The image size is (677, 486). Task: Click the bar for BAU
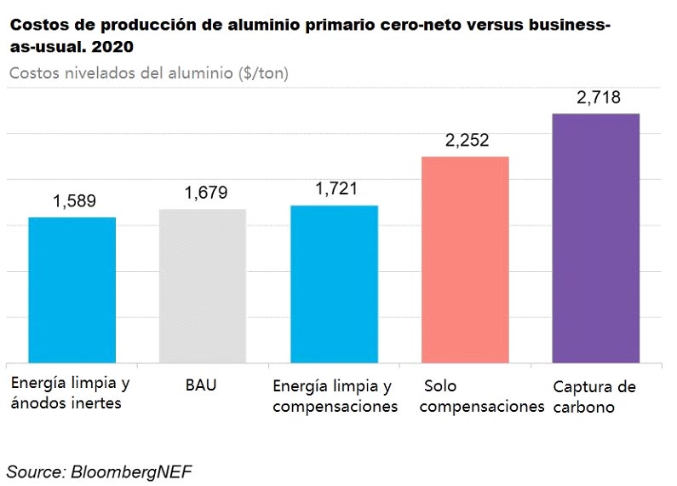pyautogui.click(x=203, y=286)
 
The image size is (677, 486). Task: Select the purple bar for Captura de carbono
pyautogui.click(x=596, y=238)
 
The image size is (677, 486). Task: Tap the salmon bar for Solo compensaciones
pyautogui.click(x=465, y=259)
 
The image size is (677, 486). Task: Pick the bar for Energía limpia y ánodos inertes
pyautogui.click(x=72, y=290)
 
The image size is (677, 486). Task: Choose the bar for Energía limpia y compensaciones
pyautogui.click(x=334, y=284)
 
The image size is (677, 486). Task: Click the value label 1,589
pyautogui.click(x=74, y=202)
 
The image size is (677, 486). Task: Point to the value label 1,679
pyautogui.click(x=205, y=193)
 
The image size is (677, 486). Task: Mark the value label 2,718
pyautogui.click(x=599, y=98)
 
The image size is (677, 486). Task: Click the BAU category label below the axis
pyautogui.click(x=201, y=385)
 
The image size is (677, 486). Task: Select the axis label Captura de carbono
pyautogui.click(x=594, y=396)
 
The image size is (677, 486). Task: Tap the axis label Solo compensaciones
pyautogui.click(x=482, y=396)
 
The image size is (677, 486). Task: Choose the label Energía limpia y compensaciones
pyautogui.click(x=336, y=396)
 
